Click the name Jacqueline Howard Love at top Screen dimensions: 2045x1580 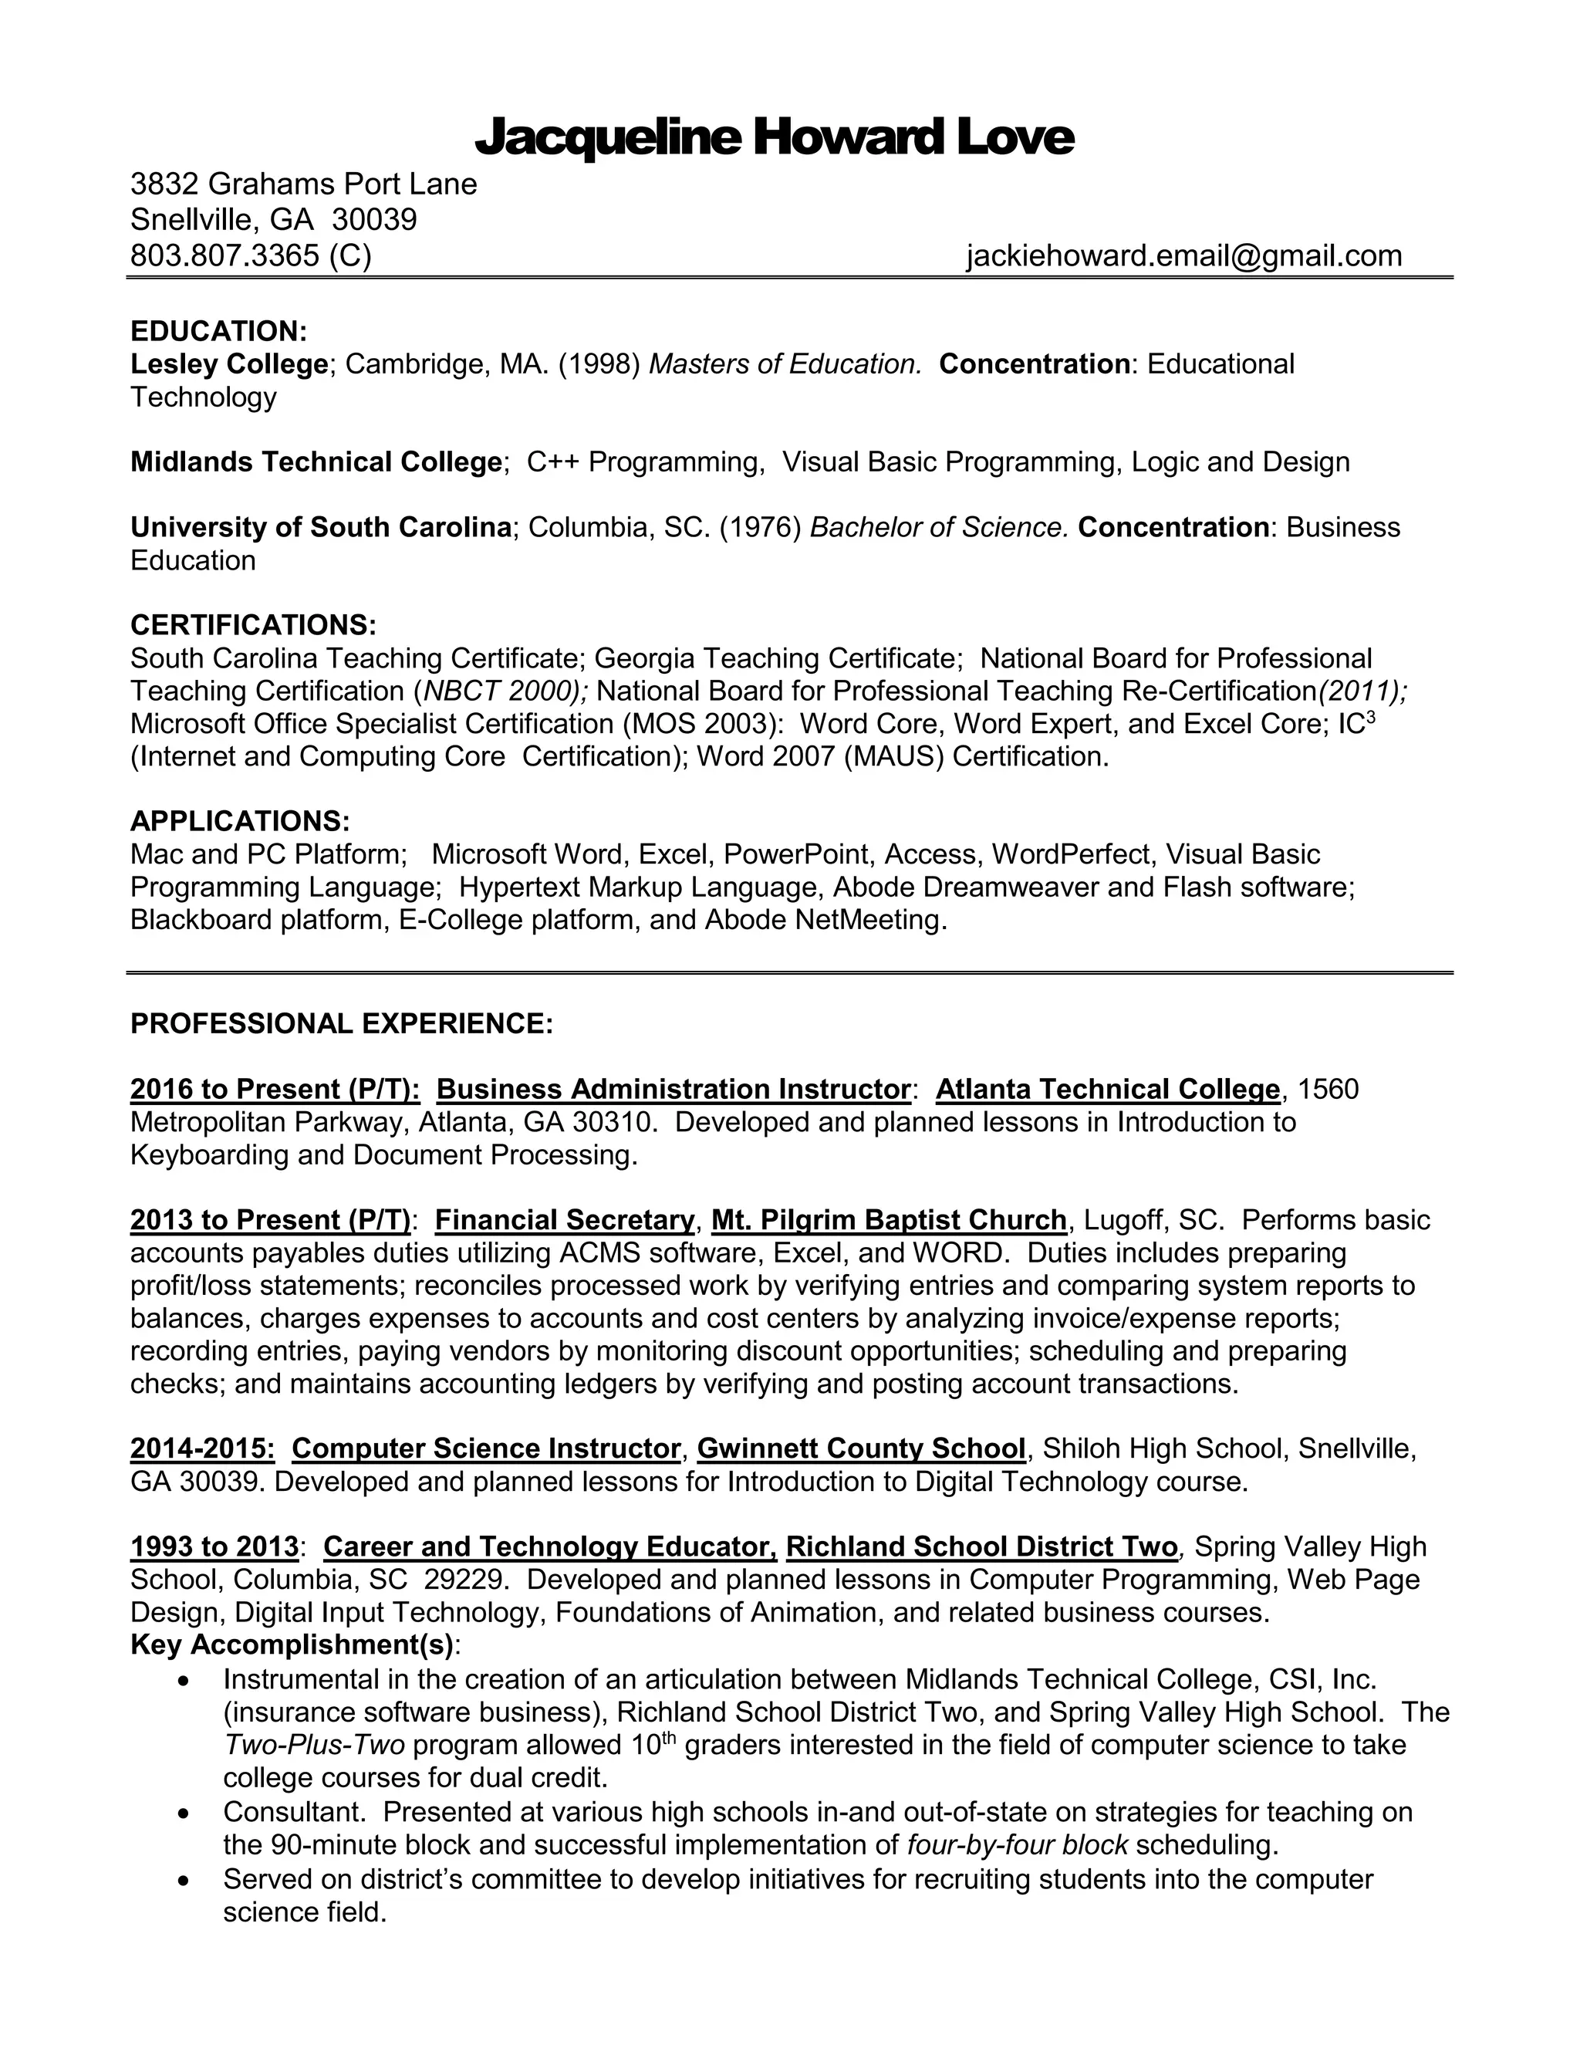coord(774,137)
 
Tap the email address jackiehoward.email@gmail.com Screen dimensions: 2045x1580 coord(1183,255)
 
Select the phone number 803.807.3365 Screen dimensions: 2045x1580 coord(225,255)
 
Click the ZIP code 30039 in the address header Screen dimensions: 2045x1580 coord(374,219)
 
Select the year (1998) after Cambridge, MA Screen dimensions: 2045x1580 coord(599,363)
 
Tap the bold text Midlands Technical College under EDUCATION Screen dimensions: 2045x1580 coord(316,461)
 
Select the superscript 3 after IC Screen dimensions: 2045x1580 coord(1370,716)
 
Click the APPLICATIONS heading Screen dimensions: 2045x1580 coord(240,821)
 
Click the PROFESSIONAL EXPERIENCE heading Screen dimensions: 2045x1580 coord(342,1023)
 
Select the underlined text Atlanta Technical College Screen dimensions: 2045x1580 coord(1107,1089)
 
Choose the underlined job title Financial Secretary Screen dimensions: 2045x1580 coord(565,1220)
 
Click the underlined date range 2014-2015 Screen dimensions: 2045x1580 coord(202,1448)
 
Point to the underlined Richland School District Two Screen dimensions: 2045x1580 coord(981,1546)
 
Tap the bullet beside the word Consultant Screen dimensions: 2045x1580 coord(184,1813)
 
